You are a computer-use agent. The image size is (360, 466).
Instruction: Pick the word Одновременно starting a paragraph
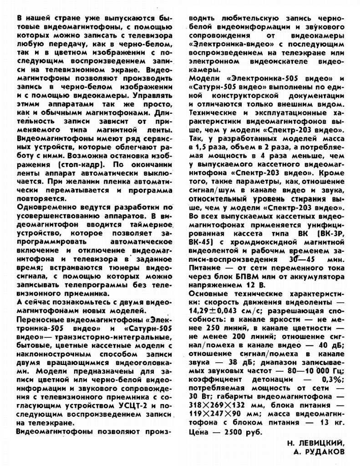click(42, 207)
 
